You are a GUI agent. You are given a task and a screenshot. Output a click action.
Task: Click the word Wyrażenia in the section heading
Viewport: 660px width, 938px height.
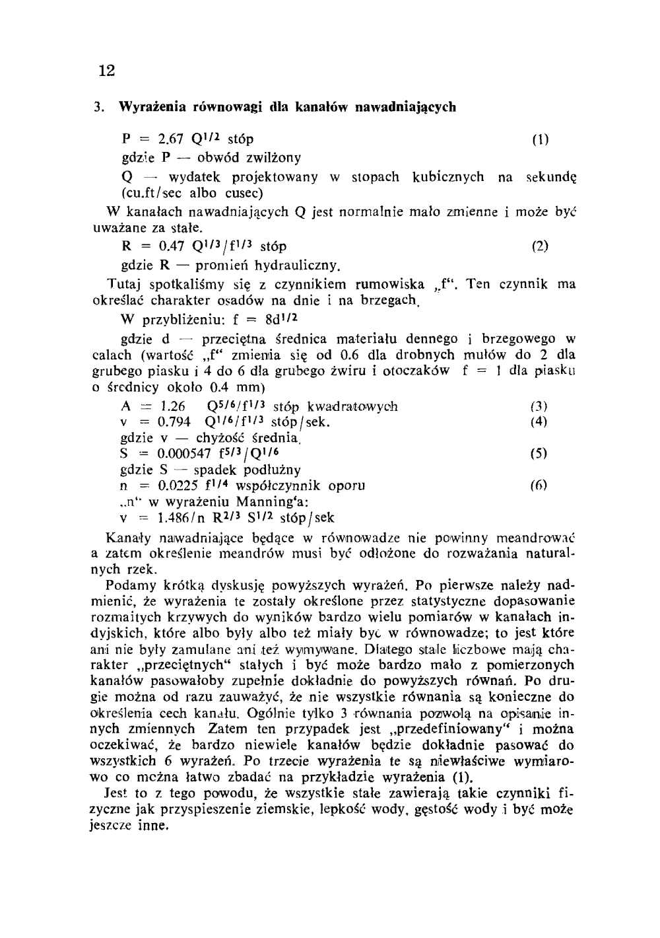148,106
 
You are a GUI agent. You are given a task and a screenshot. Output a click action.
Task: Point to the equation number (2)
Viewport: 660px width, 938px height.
540,247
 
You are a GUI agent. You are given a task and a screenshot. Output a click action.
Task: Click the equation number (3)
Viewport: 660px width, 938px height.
539,406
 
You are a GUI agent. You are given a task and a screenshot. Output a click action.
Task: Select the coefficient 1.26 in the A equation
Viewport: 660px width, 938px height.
172,406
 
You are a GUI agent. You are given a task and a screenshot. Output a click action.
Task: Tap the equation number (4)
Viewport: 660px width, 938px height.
539,422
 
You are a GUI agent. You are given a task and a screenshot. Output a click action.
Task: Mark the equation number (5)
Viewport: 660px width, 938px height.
539,454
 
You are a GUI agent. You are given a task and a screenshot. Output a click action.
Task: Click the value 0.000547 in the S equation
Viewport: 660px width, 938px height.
183,454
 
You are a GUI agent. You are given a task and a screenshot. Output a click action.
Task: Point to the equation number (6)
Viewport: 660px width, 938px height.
539,486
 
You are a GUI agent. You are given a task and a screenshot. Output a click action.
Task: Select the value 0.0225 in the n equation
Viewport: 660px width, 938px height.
177,486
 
